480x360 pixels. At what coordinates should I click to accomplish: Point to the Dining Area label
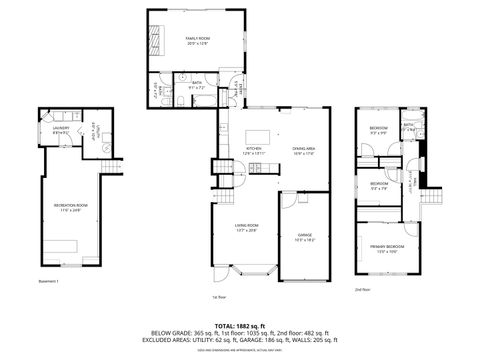[304, 151]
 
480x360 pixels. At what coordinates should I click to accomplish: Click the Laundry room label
[61, 129]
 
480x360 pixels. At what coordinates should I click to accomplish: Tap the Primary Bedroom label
[388, 248]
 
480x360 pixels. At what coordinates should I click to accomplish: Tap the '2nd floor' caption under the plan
[363, 290]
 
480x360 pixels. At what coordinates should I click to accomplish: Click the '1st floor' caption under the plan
[218, 297]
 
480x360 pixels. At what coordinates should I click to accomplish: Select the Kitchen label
[254, 151]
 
